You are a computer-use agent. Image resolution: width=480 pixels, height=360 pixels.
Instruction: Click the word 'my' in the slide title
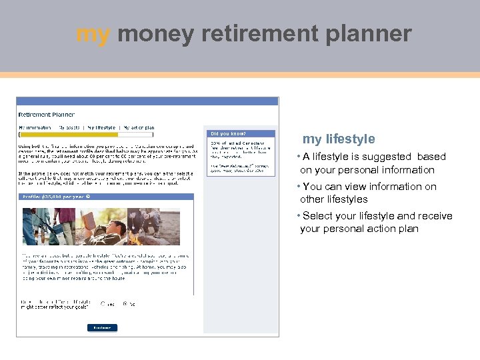tap(93, 34)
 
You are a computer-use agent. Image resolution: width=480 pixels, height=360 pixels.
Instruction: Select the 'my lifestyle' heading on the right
tap(339, 139)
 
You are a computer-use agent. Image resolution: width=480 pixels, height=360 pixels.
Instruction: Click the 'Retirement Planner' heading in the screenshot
tap(47, 115)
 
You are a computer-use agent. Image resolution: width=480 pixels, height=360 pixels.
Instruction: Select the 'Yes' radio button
tap(102, 303)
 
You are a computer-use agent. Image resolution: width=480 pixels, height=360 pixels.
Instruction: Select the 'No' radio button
tap(125, 303)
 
